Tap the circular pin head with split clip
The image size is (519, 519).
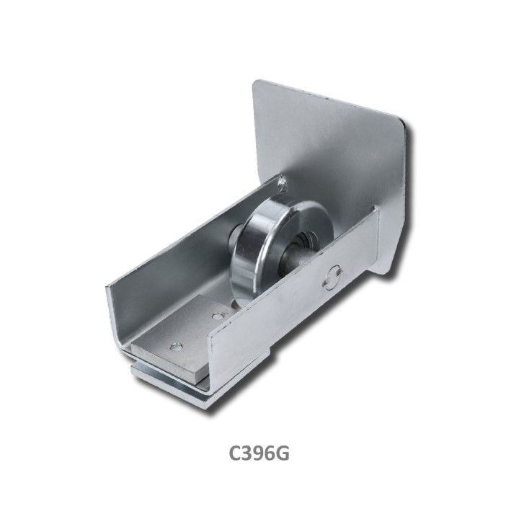333,277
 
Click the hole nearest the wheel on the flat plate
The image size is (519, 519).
217,316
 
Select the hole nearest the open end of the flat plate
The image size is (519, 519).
176,347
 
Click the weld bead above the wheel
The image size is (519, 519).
282,183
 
